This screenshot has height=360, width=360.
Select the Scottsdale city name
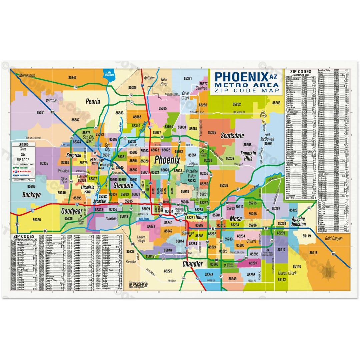[232, 136]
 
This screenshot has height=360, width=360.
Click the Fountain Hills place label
[248, 156]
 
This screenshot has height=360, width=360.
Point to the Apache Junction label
[298, 222]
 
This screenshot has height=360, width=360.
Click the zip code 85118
[314, 253]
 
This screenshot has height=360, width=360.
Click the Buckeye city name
[31, 195]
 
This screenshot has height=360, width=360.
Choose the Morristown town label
[27, 76]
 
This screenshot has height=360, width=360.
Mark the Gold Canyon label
[333, 239]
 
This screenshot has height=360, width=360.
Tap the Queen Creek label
[287, 273]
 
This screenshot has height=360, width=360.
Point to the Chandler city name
[192, 264]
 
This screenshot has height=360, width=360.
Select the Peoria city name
[93, 102]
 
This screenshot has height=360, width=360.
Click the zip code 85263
[276, 103]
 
